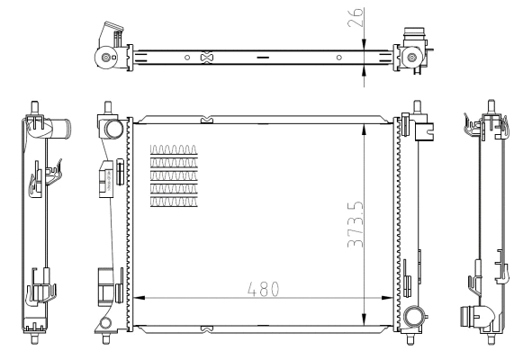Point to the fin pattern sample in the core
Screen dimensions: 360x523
click(x=173, y=175)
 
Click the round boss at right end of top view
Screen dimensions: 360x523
click(x=412, y=58)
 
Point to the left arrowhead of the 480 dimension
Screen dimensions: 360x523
click(x=136, y=298)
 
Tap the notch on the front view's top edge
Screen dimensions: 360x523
click(x=206, y=117)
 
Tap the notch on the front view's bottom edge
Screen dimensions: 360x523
click(x=206, y=327)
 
